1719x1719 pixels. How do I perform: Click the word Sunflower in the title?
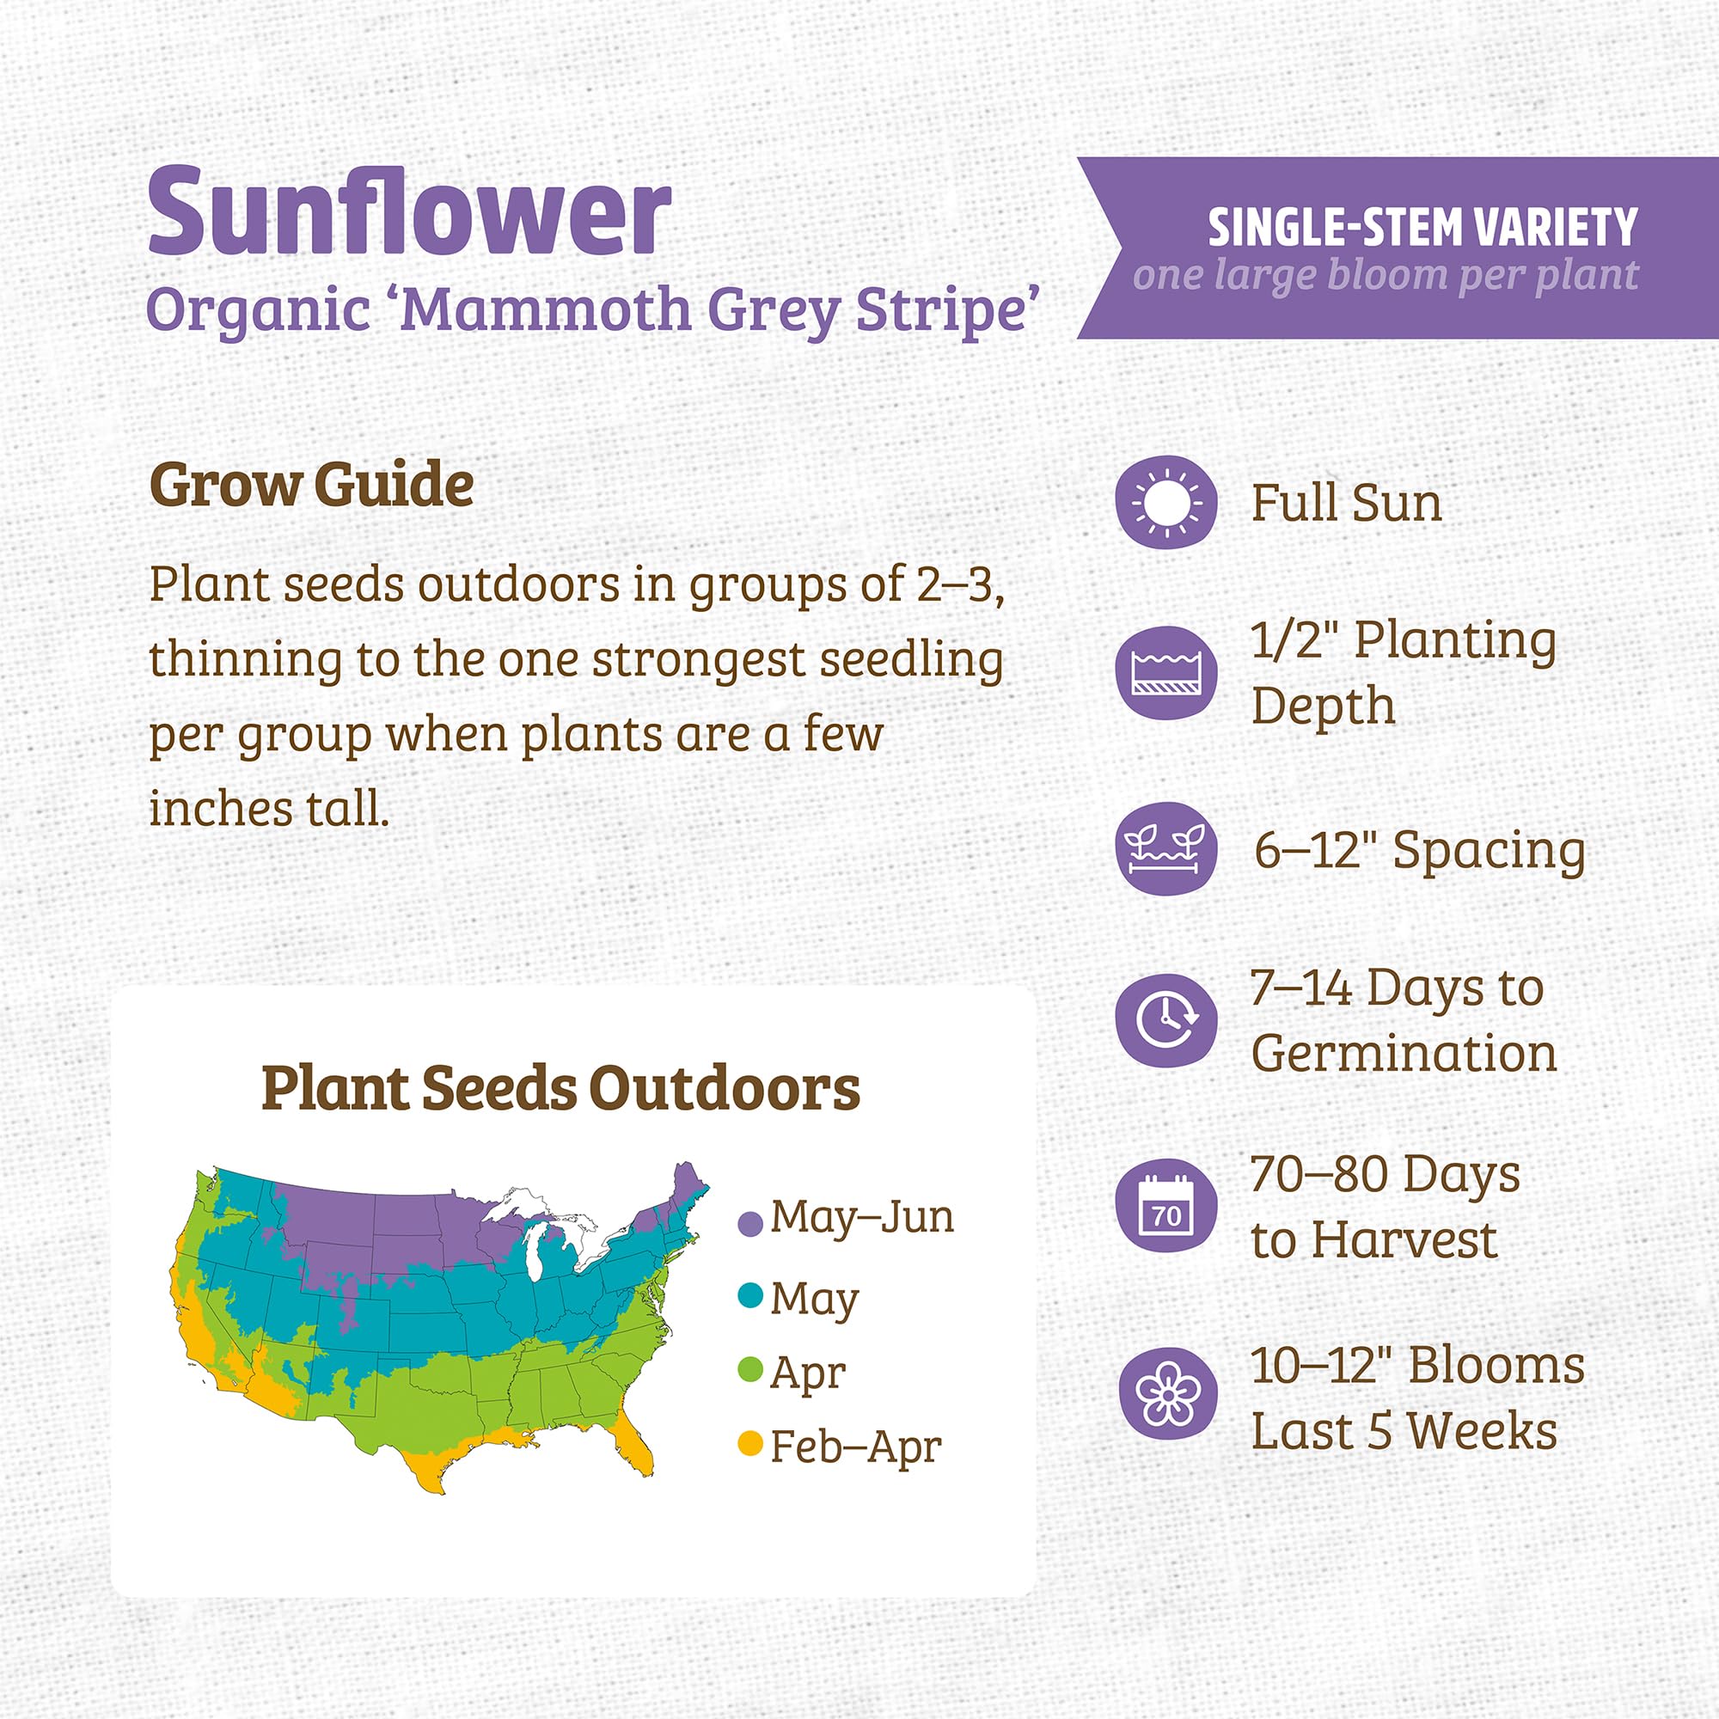coord(409,213)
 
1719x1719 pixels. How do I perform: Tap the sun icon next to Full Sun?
coord(1165,503)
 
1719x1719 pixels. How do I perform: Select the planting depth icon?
coord(1165,673)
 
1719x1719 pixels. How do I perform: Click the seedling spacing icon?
coord(1165,848)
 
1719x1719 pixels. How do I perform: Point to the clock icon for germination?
coord(1165,1020)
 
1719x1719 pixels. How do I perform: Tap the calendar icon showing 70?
coord(1165,1207)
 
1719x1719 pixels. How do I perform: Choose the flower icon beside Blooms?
coord(1165,1394)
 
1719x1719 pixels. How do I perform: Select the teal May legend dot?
coord(751,1295)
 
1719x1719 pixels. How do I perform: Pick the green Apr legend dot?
coord(751,1370)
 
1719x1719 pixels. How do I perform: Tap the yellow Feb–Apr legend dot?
coord(751,1443)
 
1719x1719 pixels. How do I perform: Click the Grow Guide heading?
coord(311,485)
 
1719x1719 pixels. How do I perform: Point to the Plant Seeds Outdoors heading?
coord(560,1087)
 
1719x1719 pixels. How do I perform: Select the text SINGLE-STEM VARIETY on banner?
coord(1422,227)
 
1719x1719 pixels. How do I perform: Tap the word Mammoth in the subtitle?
coord(547,309)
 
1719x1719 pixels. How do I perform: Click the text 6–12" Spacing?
coord(1419,850)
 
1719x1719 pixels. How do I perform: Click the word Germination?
coord(1404,1054)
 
